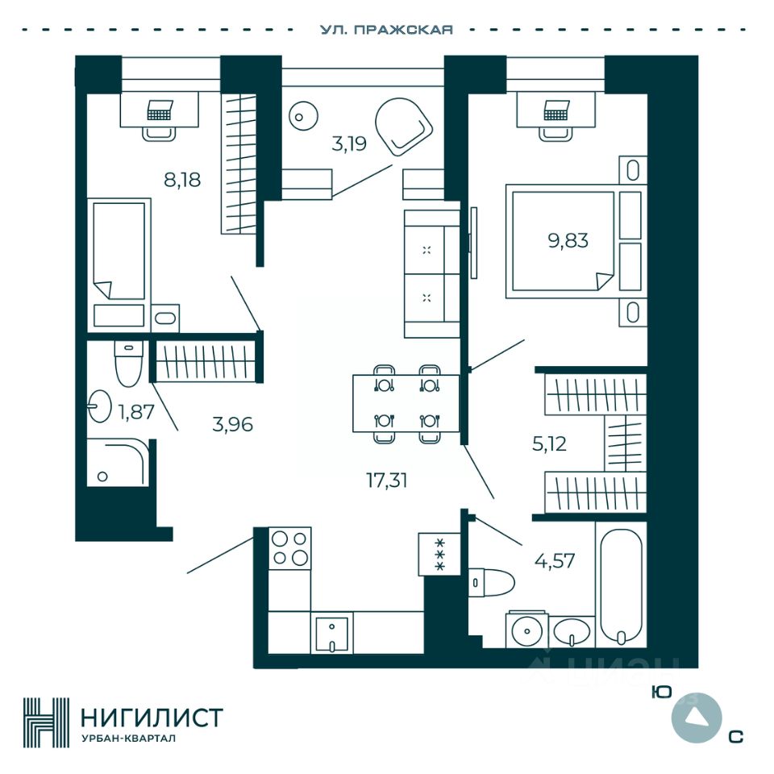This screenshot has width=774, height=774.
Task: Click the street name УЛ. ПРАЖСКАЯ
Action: (386, 30)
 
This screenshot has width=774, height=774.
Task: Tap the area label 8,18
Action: (182, 179)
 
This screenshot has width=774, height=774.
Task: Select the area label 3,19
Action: (349, 144)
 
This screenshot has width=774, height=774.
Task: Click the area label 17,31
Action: (387, 481)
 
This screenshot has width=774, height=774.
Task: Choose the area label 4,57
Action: (555, 560)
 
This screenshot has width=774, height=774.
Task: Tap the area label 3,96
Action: (232, 423)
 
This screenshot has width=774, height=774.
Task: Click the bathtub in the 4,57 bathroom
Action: (621, 584)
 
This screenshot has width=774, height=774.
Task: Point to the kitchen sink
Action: (331, 632)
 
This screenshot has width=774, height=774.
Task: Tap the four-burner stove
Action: (290, 547)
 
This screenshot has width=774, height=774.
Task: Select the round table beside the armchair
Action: (300, 117)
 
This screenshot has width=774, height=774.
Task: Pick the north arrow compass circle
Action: (694, 718)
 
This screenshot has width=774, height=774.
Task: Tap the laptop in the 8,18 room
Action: (160, 110)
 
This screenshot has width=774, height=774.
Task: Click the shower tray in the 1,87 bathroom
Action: (118, 463)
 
